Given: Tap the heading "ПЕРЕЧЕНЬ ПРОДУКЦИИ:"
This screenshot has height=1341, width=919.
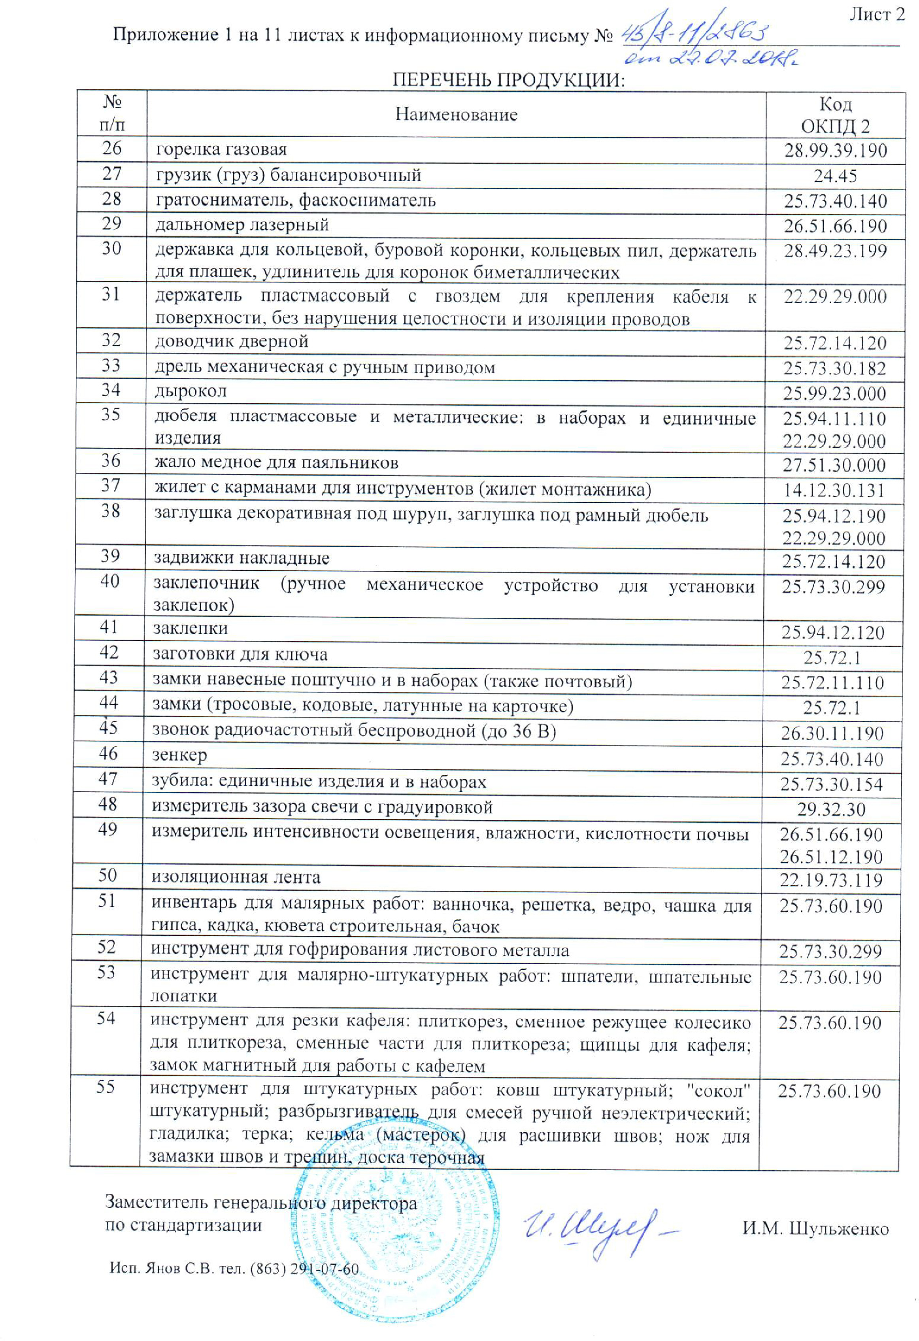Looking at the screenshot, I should [x=509, y=79].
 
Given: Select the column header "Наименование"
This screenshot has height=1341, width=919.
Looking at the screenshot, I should [x=456, y=114].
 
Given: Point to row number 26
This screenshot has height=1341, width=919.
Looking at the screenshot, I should [x=112, y=148].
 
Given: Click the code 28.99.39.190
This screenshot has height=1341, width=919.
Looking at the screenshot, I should [x=835, y=151].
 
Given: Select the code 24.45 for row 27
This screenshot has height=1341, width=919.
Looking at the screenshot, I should [x=835, y=176].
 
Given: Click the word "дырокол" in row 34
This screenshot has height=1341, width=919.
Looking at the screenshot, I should [x=191, y=391].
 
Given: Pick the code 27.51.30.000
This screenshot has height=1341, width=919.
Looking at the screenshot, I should [x=834, y=465].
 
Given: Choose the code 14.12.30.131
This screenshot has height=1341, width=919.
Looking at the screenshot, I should [x=834, y=491].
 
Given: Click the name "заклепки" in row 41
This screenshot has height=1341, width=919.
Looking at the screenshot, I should [x=191, y=628].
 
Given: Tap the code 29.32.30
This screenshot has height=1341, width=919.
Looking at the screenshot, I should [x=831, y=810].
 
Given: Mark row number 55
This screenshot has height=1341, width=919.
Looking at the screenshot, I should [x=106, y=1087].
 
